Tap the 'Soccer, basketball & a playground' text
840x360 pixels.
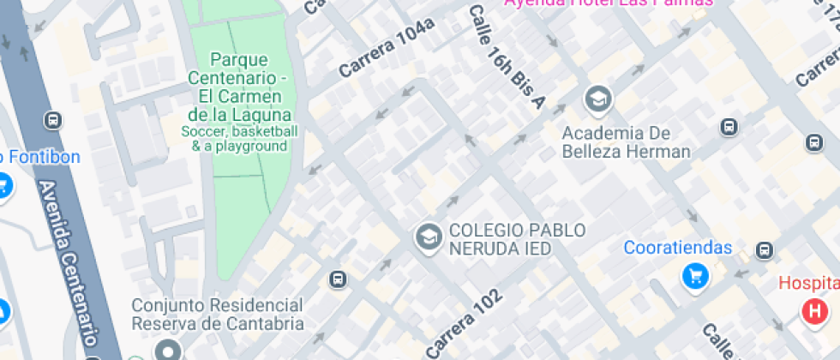click(239, 139)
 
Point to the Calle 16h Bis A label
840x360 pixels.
click(506, 57)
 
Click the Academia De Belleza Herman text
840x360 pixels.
click(626, 142)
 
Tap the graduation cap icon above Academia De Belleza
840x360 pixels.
click(597, 99)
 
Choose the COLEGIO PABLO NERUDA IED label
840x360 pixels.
click(517, 238)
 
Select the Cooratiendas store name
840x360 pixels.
click(677, 248)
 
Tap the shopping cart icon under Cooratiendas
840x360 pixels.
click(694, 276)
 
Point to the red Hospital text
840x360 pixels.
click(808, 283)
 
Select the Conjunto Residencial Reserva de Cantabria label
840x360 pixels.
click(217, 314)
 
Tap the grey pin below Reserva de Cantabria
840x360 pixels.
click(167, 351)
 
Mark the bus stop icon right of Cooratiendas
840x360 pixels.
click(764, 250)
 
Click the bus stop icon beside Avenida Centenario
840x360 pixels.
click(54, 120)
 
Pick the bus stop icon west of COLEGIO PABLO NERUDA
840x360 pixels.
click(338, 279)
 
